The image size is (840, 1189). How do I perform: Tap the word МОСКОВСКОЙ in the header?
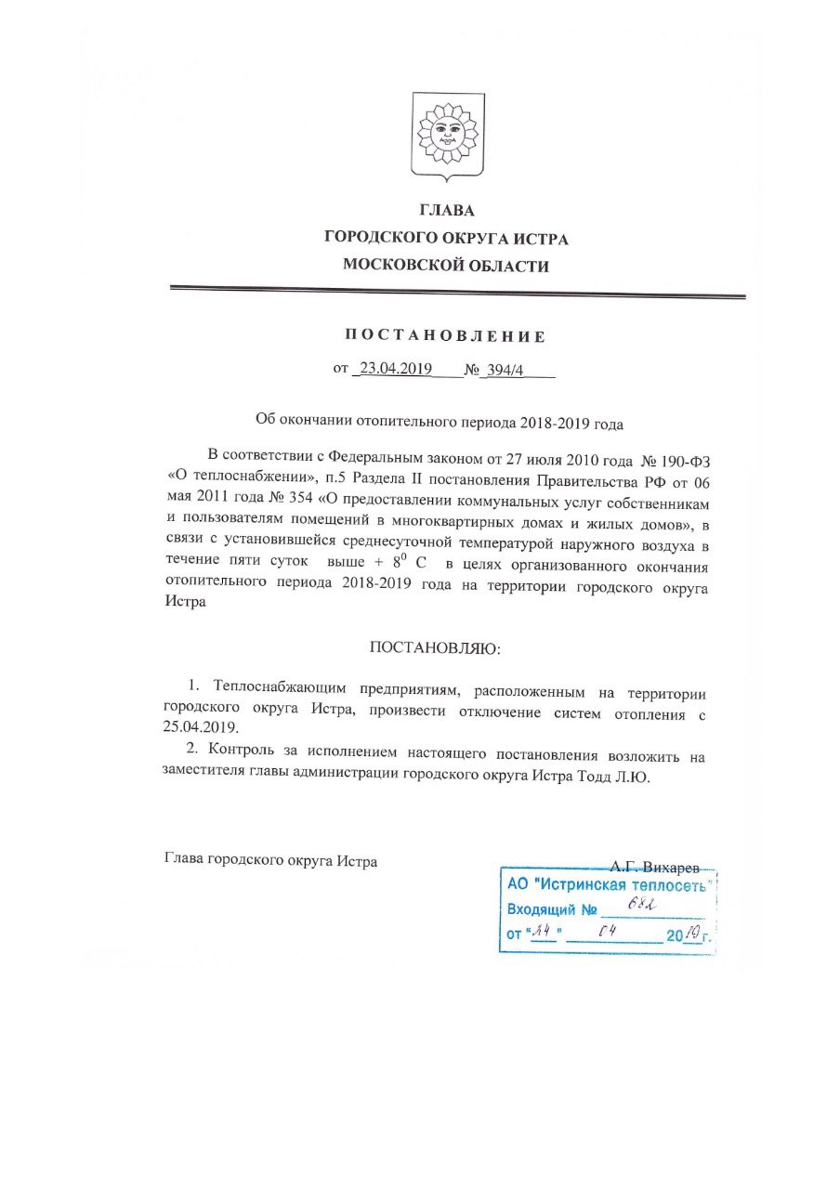click(x=400, y=266)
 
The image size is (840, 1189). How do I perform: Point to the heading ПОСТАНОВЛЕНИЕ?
click(x=446, y=336)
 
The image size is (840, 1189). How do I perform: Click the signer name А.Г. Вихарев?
click(x=653, y=860)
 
